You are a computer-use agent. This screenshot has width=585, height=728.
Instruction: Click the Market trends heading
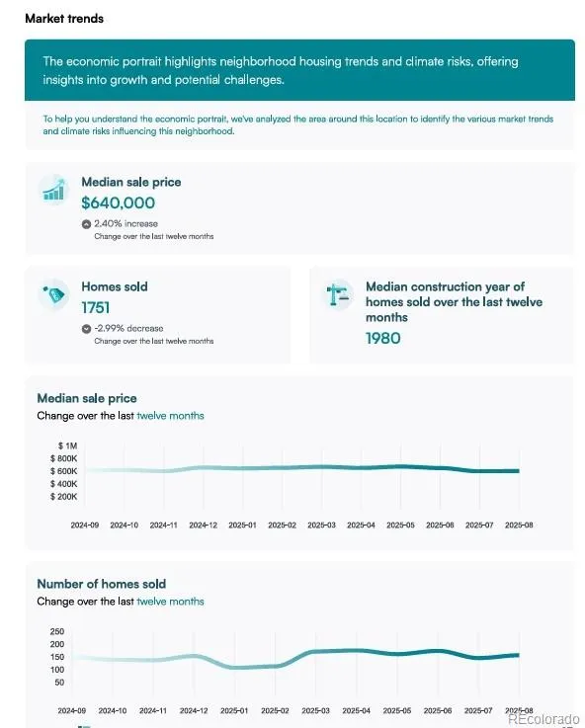click(64, 19)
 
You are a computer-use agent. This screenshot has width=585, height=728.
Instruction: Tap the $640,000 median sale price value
click(118, 202)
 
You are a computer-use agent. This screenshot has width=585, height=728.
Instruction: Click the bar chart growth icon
click(54, 190)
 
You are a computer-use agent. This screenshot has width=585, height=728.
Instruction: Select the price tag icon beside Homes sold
click(54, 293)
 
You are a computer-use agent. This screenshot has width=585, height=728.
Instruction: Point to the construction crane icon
click(338, 294)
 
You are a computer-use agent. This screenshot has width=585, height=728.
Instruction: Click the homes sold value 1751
click(96, 308)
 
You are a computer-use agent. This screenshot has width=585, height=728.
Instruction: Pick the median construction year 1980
click(383, 339)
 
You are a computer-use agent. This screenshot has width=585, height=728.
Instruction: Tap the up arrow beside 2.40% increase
click(86, 224)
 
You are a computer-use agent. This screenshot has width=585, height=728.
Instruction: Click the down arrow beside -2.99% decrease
click(86, 329)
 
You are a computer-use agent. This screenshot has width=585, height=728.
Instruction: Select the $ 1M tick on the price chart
click(68, 445)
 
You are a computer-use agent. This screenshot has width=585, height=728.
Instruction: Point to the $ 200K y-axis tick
click(64, 496)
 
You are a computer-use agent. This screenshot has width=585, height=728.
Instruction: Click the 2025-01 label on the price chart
click(242, 526)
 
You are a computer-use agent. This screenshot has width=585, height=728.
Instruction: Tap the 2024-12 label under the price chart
click(203, 526)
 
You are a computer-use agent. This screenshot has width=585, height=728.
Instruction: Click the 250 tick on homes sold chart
click(57, 631)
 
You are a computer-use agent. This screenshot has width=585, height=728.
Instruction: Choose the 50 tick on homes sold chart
click(59, 683)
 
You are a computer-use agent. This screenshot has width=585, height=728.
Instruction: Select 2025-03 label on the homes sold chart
click(315, 711)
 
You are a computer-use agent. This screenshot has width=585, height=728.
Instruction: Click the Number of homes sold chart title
click(102, 584)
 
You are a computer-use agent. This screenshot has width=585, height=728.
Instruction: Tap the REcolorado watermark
click(543, 719)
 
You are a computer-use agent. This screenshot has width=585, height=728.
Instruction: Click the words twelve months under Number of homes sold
click(170, 602)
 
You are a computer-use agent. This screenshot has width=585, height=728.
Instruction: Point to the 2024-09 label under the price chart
click(85, 526)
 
